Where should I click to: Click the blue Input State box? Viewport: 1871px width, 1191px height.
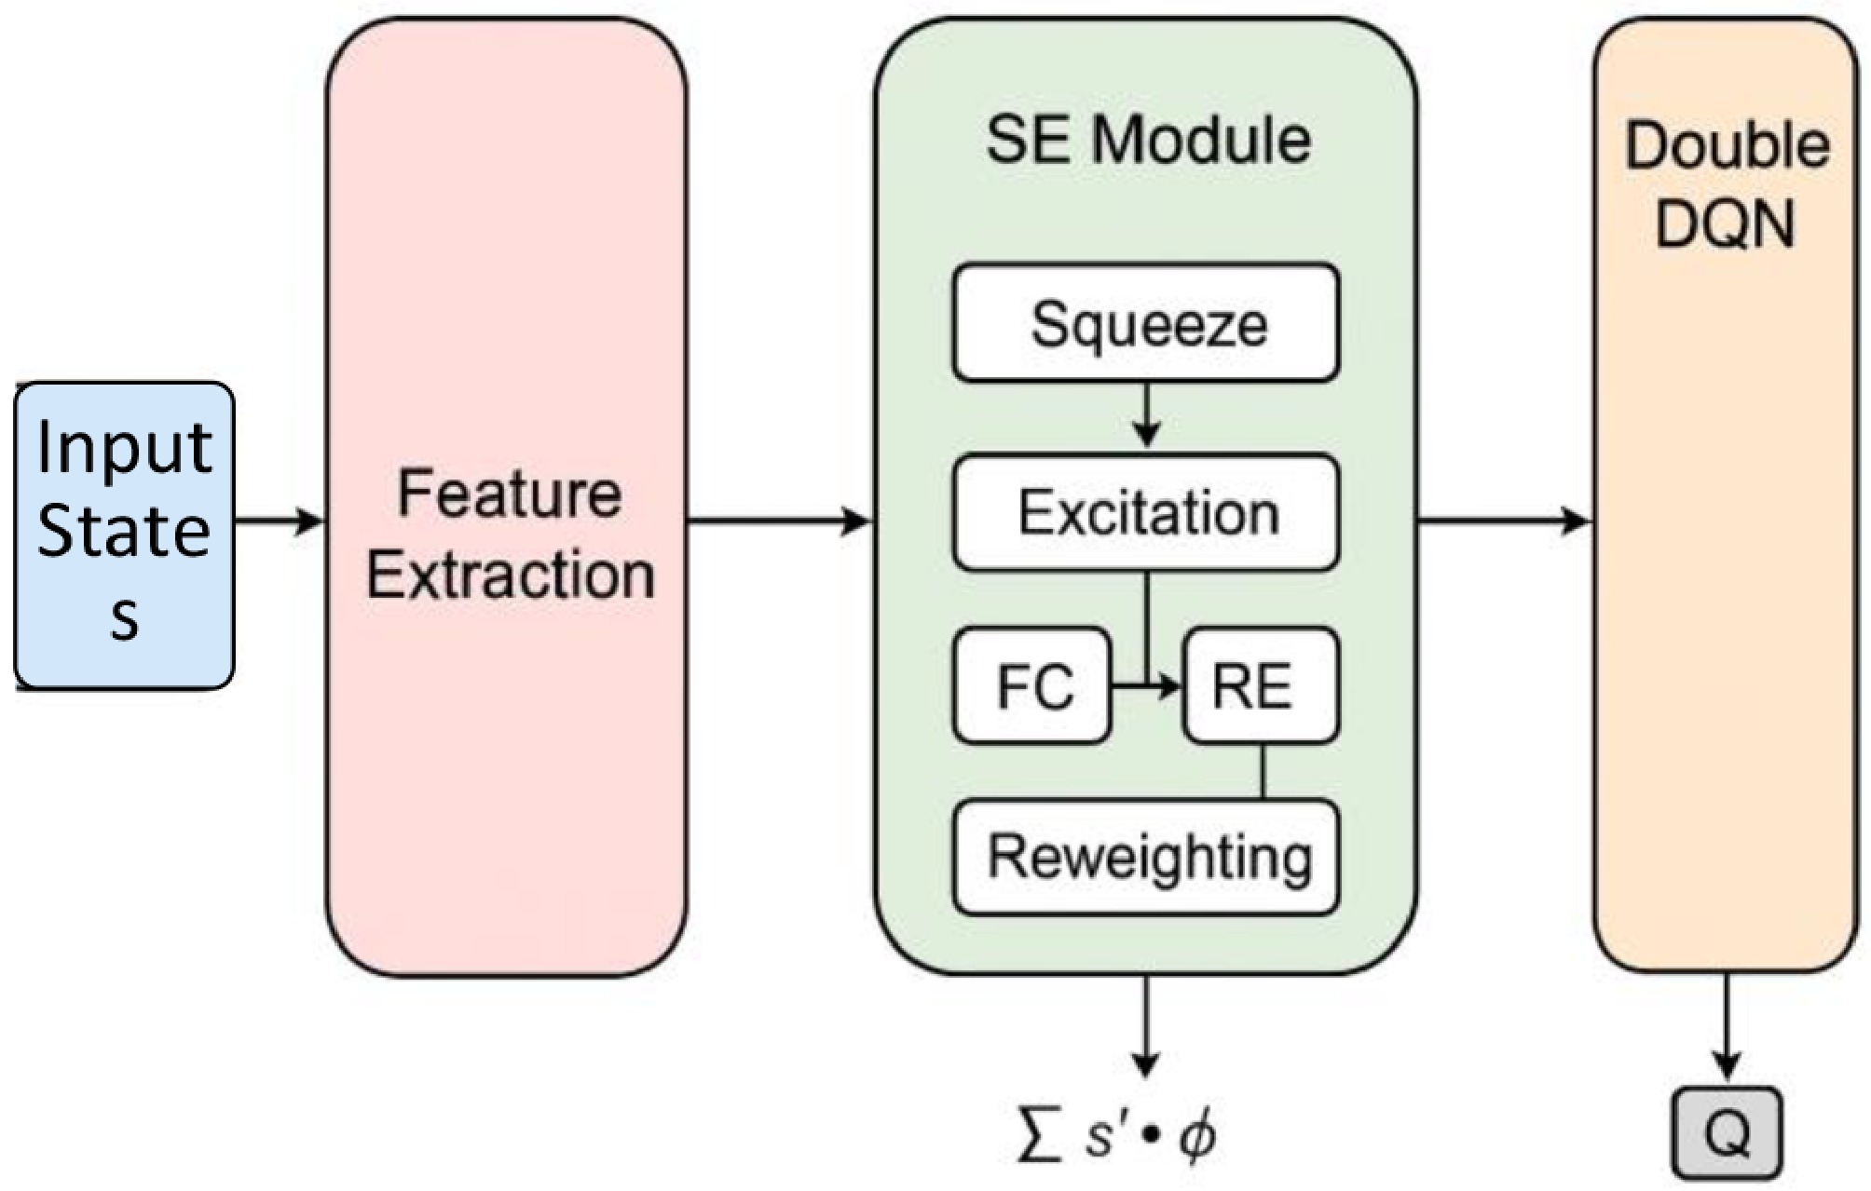pyautogui.click(x=124, y=535)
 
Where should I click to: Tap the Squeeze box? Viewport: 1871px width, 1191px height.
pyautogui.click(x=1146, y=323)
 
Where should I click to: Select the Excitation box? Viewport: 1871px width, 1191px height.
pyautogui.click(x=1146, y=512)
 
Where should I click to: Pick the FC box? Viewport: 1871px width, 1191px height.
pyautogui.click(x=1032, y=686)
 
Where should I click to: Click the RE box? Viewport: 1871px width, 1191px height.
pyautogui.click(x=1260, y=686)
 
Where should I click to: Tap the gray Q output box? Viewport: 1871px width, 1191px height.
pyautogui.click(x=1727, y=1132)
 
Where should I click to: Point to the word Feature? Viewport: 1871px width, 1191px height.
pyautogui.click(x=509, y=493)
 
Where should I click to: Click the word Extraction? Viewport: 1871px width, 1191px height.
pyautogui.click(x=511, y=575)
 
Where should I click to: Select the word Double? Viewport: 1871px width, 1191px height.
pyautogui.click(x=1727, y=146)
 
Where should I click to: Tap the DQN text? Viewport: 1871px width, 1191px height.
pyautogui.click(x=1725, y=224)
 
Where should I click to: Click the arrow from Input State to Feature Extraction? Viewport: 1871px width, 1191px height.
pyautogui.click(x=279, y=521)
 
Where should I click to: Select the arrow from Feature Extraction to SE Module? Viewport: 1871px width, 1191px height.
pyautogui.click(x=779, y=521)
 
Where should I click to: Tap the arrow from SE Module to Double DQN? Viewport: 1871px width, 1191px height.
pyautogui.click(x=1504, y=521)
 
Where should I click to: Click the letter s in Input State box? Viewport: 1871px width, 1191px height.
pyautogui.click(x=125, y=616)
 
